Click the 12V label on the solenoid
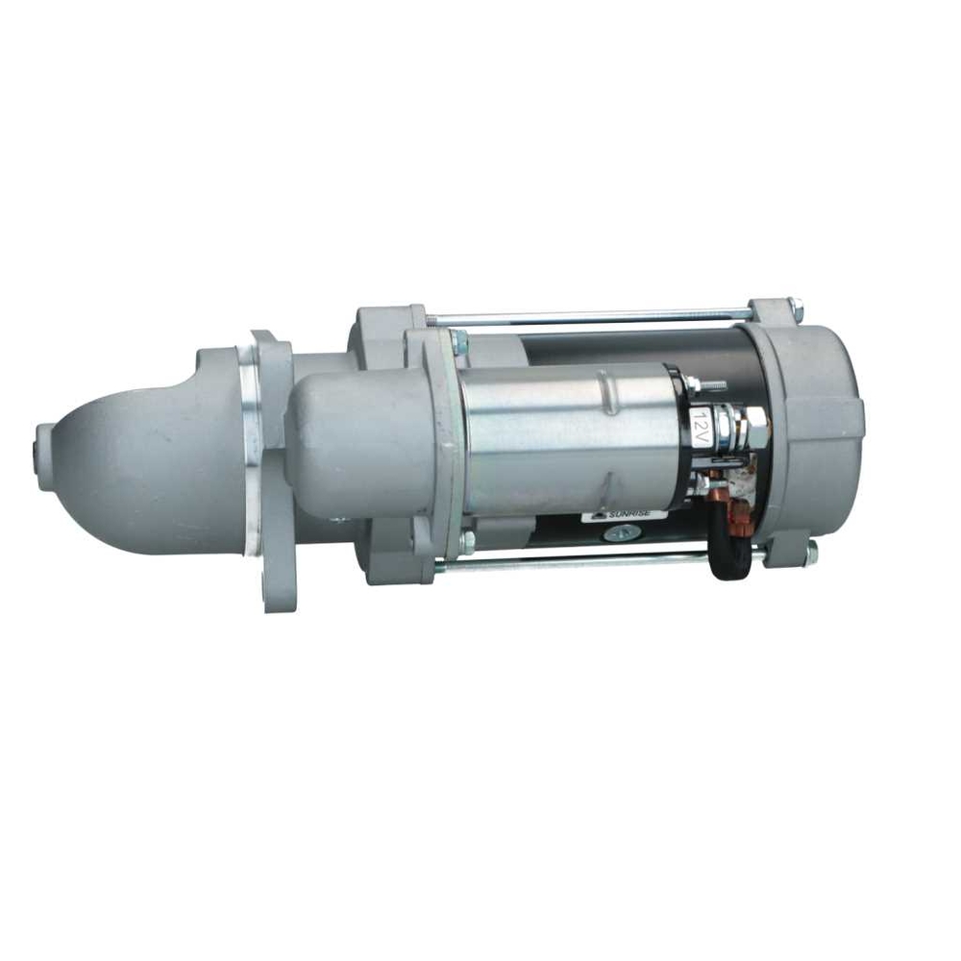[699, 423]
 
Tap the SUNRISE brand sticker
[619, 516]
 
